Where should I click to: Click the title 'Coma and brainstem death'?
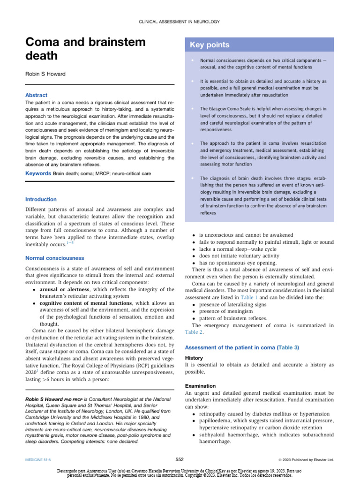[x=85, y=49]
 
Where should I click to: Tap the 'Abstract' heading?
[x=37, y=95]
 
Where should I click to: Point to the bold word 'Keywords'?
[x=37, y=173]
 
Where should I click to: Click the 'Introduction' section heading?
[x=41, y=199]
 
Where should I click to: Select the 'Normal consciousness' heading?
[x=55, y=258]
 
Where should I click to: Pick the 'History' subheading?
[x=195, y=358]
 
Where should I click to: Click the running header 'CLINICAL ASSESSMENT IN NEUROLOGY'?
[x=180, y=22]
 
